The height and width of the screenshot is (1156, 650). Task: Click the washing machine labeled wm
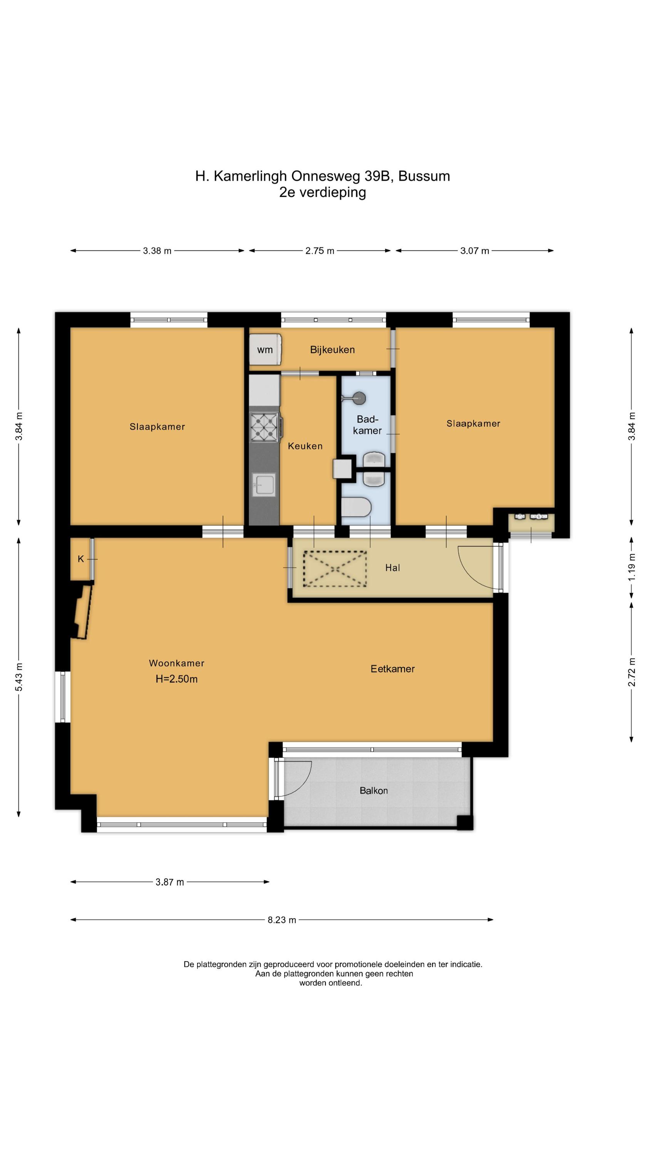pos(265,349)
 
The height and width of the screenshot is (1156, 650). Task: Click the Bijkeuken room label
pos(332,349)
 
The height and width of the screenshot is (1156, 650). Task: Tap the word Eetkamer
pos(392,669)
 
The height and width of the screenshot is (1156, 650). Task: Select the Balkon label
pos(374,791)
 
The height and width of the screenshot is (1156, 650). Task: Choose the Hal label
pos(392,568)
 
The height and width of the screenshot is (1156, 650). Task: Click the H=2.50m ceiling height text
pos(177,679)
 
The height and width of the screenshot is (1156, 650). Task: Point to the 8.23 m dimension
pos(282,920)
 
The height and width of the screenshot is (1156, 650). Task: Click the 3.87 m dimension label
pos(170,882)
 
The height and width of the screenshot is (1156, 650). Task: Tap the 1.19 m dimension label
pos(632,567)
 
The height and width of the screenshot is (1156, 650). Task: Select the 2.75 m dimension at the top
pos(320,251)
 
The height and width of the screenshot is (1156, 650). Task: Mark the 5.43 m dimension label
pos(19,678)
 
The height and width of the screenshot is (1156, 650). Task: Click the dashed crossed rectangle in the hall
pos(335,569)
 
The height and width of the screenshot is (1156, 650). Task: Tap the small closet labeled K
pos(81,559)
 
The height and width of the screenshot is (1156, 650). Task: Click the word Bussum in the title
pos(424,176)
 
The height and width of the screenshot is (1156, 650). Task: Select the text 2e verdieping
pos(323,193)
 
